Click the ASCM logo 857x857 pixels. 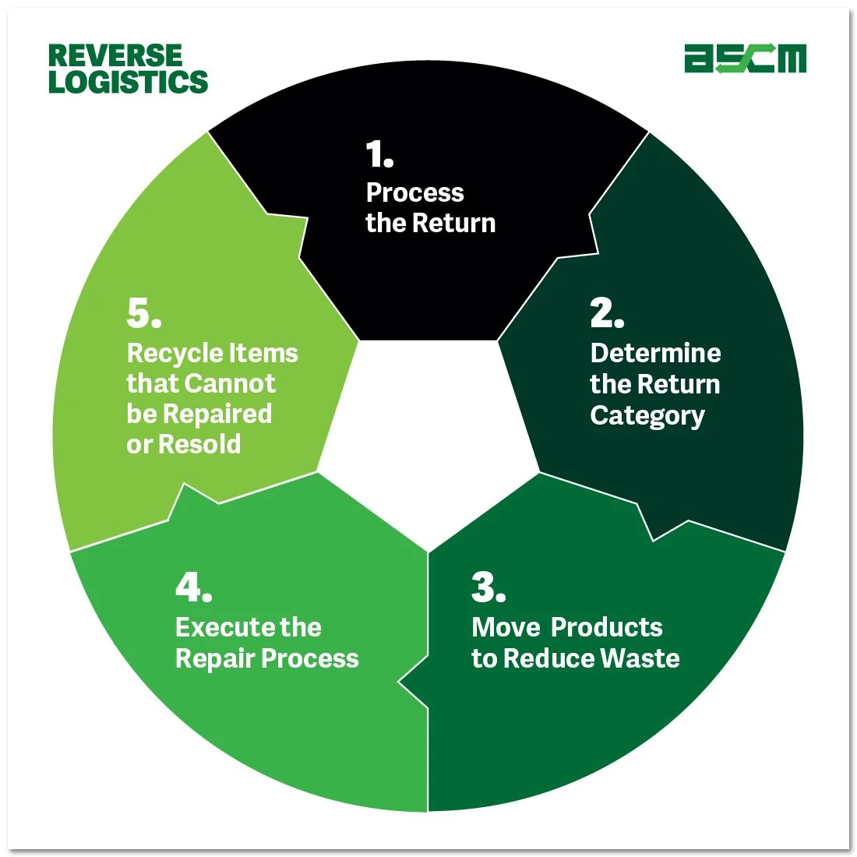click(x=745, y=59)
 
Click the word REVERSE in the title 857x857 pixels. click(x=115, y=56)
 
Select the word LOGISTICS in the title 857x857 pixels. click(x=129, y=82)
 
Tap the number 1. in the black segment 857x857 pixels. click(x=379, y=155)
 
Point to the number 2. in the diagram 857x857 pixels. click(x=607, y=313)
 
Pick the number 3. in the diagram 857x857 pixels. click(x=488, y=587)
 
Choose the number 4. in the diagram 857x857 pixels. click(x=193, y=587)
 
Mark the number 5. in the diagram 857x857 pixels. click(x=144, y=313)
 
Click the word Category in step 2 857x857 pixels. click(x=647, y=416)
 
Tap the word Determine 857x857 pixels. click(x=655, y=353)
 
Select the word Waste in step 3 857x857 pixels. click(x=640, y=658)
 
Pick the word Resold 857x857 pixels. click(x=199, y=444)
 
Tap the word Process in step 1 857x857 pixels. click(x=414, y=192)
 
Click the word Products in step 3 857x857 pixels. click(x=610, y=627)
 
